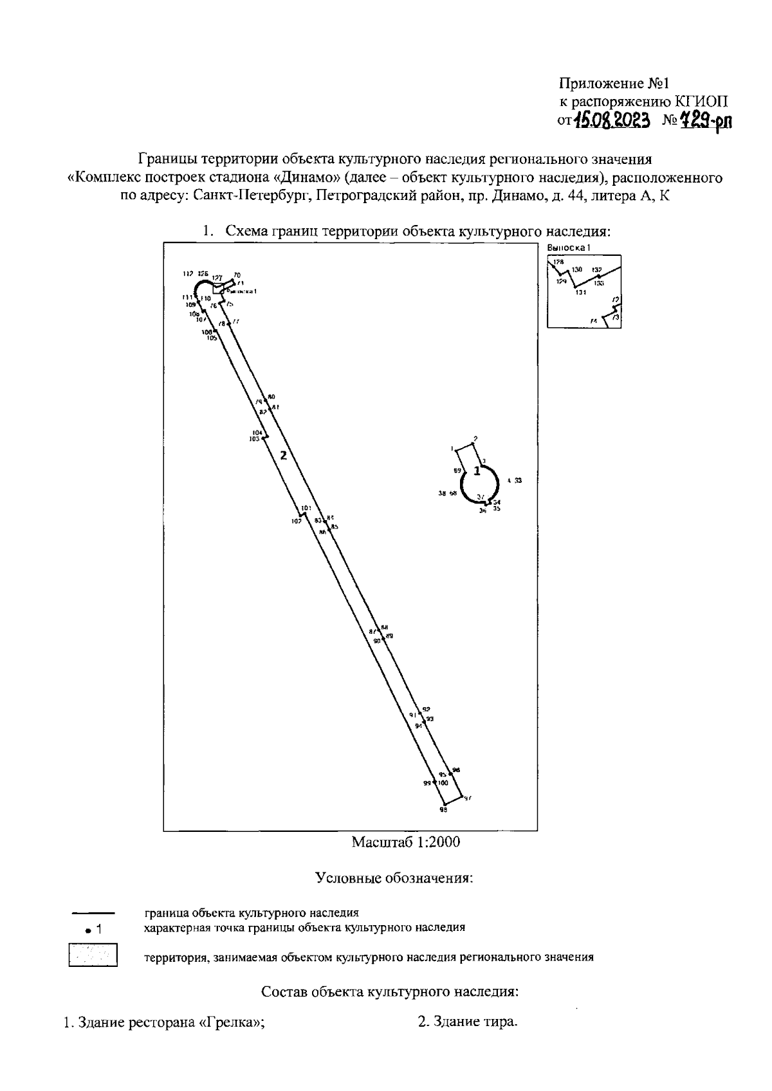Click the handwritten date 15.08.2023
tap(612, 120)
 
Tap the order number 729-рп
tap(706, 120)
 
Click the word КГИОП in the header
tap(703, 101)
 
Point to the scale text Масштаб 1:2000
tap(405, 842)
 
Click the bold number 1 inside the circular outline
tap(477, 471)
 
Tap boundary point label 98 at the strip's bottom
tap(443, 810)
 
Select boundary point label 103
tap(254, 439)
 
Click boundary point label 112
tap(188, 274)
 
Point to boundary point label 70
tap(237, 275)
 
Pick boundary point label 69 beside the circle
tap(457, 471)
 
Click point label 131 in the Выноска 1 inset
tap(581, 293)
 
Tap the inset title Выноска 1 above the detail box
tap(568, 248)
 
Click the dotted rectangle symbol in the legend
tap(93, 954)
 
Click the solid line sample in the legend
tap(93, 912)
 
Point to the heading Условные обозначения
tap(394, 878)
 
